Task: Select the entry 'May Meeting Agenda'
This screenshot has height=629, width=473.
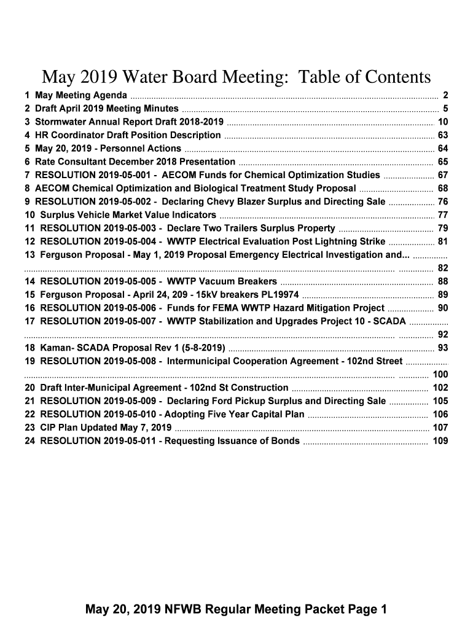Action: tap(80, 95)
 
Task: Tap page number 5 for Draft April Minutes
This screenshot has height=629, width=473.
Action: tap(444, 109)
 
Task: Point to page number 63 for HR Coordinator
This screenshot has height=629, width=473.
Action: tap(442, 135)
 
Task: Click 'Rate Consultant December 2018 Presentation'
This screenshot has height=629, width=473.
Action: tap(135, 162)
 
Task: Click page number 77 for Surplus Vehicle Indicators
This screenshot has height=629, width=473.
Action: tap(442, 215)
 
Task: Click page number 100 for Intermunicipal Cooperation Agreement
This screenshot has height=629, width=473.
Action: tap(440, 374)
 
